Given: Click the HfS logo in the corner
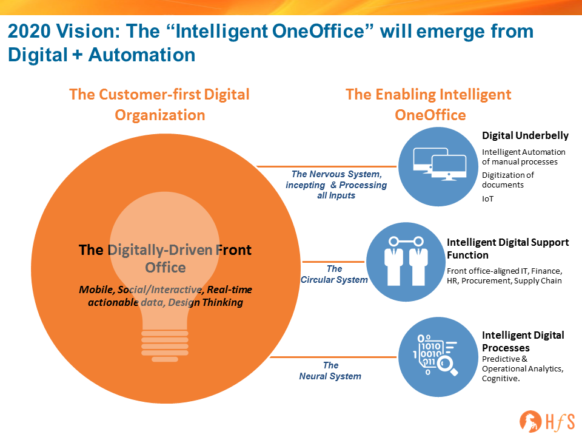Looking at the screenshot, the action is (x=547, y=422).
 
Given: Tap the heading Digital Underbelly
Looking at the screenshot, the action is (x=525, y=135).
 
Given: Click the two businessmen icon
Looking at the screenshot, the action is (x=406, y=261).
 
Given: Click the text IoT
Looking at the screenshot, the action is (x=487, y=199).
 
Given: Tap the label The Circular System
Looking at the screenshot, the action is (x=334, y=274).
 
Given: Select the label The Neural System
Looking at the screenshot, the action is (x=330, y=371).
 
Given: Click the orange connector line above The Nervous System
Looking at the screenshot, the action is (x=327, y=166).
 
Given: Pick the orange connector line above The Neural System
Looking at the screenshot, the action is (x=333, y=357).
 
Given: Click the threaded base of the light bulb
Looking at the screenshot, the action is (x=165, y=345).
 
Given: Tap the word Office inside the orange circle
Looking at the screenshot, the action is (x=165, y=268).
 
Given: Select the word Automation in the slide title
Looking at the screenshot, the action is (x=142, y=55).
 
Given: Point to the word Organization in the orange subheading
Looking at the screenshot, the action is (x=160, y=115).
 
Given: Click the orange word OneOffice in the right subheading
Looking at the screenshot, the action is (x=430, y=115).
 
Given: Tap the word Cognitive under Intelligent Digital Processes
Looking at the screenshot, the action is (x=501, y=379).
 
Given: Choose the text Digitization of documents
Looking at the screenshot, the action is (x=508, y=180).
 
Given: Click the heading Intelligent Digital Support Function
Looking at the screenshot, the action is (x=508, y=249).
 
